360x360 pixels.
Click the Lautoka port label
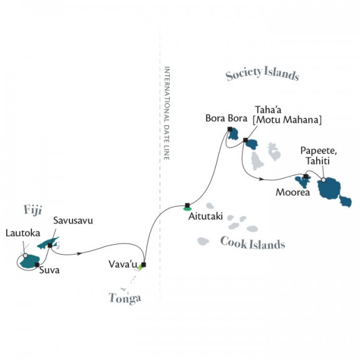click(x=23, y=233)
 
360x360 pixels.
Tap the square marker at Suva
click(x=37, y=265)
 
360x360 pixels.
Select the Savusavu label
click(x=73, y=220)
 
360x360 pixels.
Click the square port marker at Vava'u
click(x=143, y=264)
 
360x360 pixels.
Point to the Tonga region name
click(x=125, y=298)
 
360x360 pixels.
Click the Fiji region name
click(x=33, y=210)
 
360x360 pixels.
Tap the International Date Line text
click(x=167, y=113)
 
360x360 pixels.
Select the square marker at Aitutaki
click(x=187, y=205)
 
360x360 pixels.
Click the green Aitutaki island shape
click(x=187, y=208)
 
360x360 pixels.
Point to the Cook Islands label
click(x=252, y=244)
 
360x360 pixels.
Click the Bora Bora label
click(x=226, y=118)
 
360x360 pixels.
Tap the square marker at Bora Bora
click(x=230, y=129)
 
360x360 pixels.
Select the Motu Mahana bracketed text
click(x=287, y=120)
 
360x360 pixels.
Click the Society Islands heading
click(x=262, y=74)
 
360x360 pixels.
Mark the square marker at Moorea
click(x=306, y=177)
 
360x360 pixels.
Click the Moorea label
click(x=293, y=192)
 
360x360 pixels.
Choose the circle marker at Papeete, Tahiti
click(x=323, y=180)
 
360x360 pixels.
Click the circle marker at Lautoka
click(x=25, y=255)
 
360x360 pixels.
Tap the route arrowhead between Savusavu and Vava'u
click(x=80, y=254)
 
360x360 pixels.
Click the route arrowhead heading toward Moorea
click(x=260, y=178)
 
